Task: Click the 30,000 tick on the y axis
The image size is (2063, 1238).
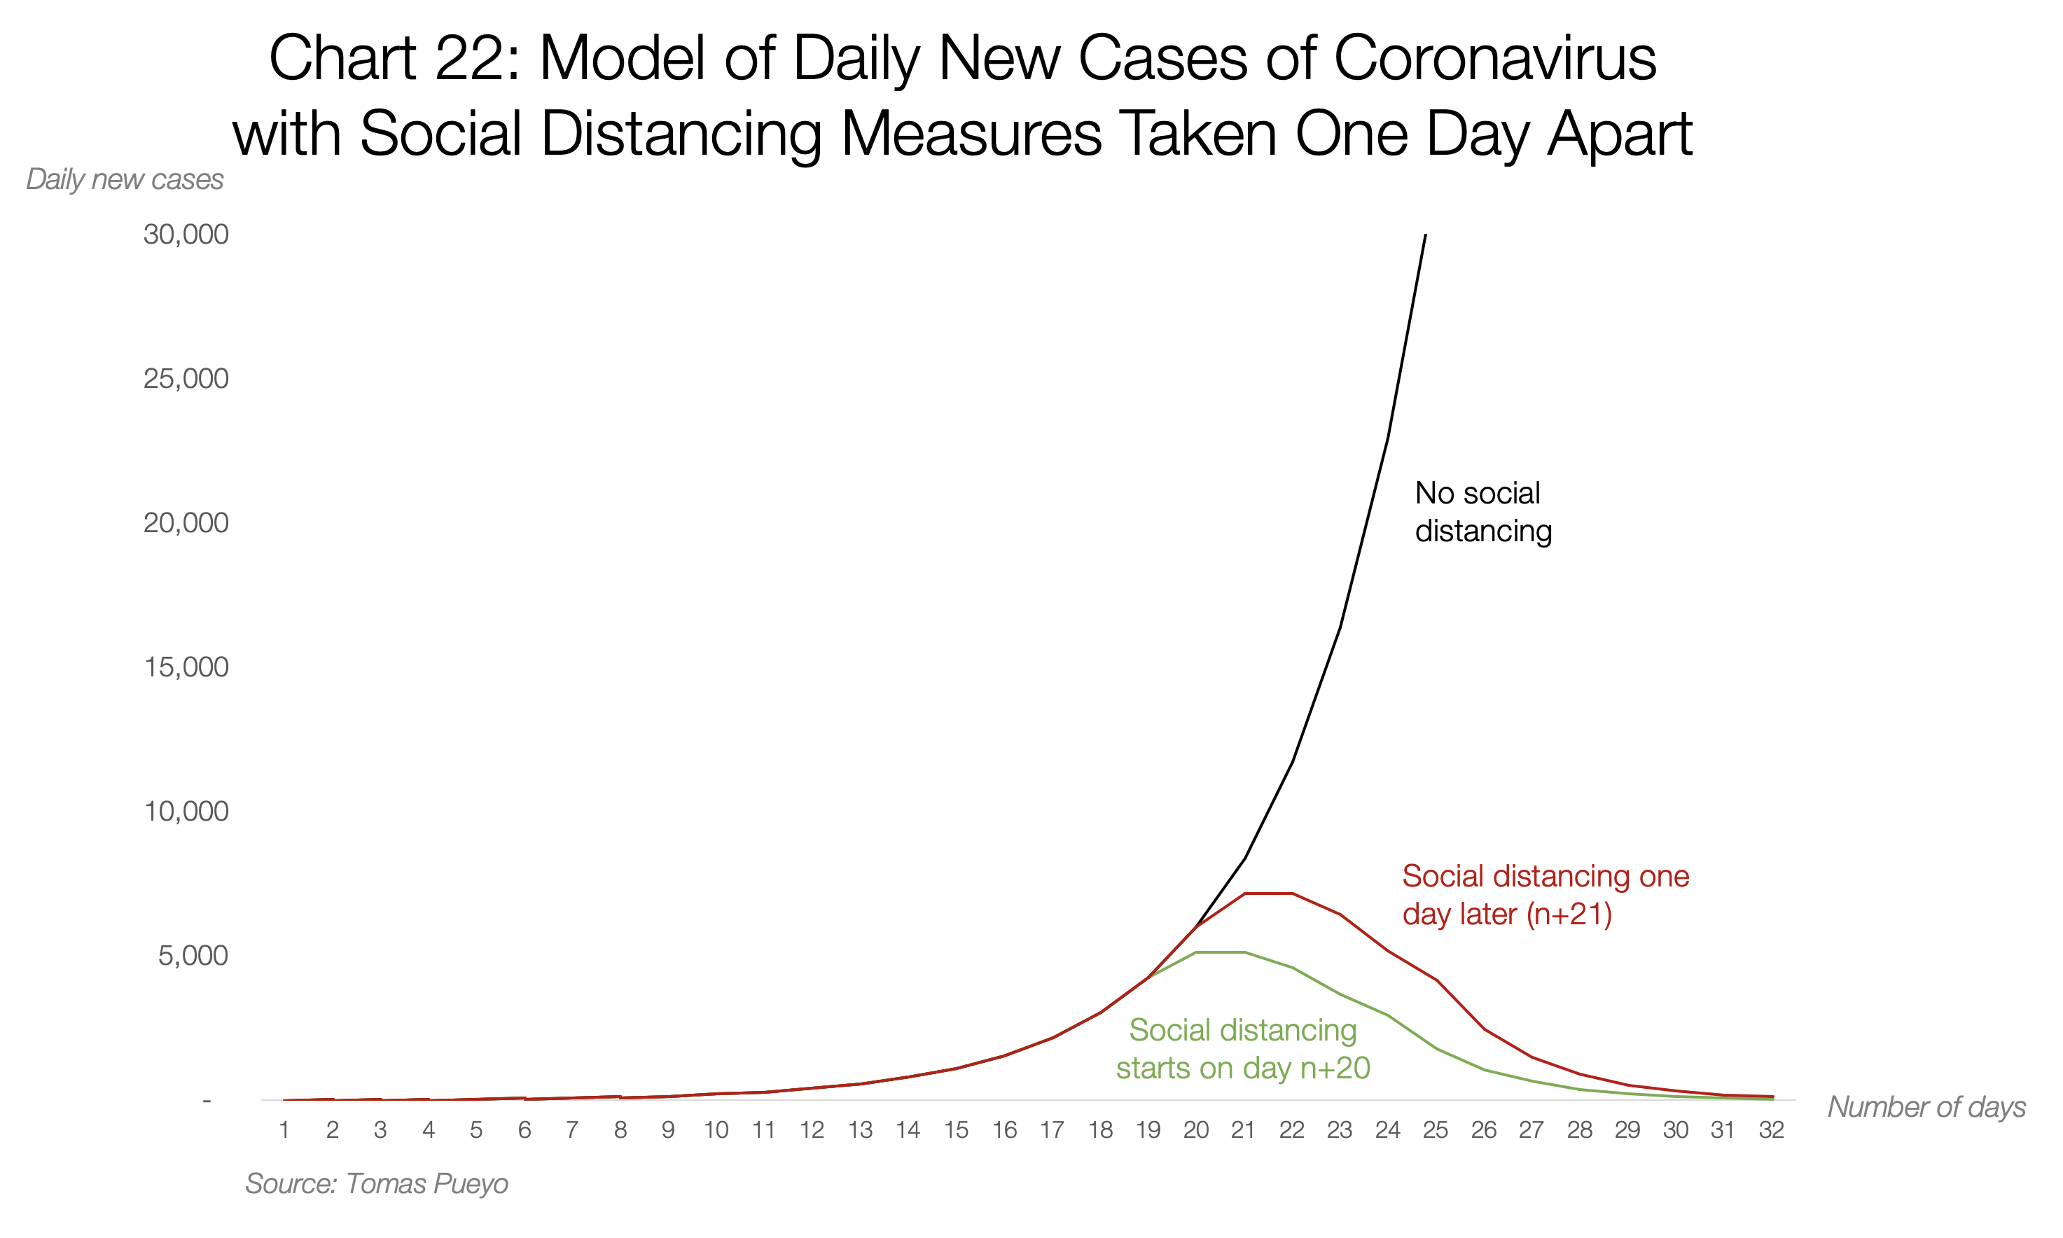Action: [x=185, y=235]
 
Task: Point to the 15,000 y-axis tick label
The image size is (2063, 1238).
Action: [x=185, y=667]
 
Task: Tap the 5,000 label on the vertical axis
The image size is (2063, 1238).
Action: [x=192, y=955]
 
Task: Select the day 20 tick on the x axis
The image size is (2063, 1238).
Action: [x=1195, y=1129]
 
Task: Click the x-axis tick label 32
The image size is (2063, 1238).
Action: [x=1770, y=1129]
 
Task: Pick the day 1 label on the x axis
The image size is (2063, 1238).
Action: [x=284, y=1129]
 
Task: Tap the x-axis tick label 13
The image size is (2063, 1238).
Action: [x=859, y=1129]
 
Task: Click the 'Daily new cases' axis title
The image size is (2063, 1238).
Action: [x=124, y=179]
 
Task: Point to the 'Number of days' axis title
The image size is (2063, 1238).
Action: [x=1925, y=1106]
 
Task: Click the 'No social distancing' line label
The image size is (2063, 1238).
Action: [x=1482, y=511]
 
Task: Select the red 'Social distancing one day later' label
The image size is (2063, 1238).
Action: [x=1545, y=894]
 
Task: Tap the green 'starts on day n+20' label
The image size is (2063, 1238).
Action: [x=1242, y=1050]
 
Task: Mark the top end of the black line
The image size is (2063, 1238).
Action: [x=1425, y=235]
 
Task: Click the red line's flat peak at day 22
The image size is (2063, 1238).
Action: [x=1291, y=893]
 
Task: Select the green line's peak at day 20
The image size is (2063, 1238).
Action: [x=1196, y=952]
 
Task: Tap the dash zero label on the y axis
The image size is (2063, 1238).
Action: [x=207, y=1100]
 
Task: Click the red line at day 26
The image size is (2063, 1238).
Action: [x=1483, y=1029]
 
